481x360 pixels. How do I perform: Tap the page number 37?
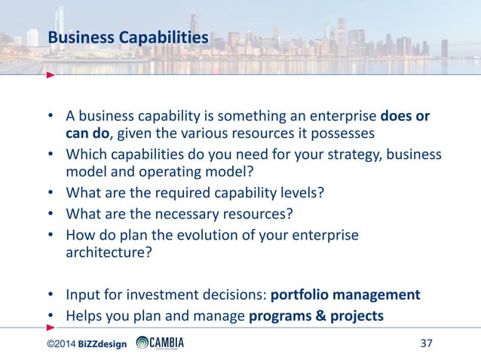click(x=426, y=344)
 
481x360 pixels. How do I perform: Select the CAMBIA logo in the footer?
click(x=160, y=344)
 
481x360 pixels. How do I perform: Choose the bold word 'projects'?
click(x=356, y=316)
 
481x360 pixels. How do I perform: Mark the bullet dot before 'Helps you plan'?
click(x=51, y=316)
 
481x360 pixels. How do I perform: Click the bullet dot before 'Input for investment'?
click(x=51, y=294)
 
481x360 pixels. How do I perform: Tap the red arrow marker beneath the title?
click(x=51, y=75)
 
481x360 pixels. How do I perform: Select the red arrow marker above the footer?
click(x=51, y=328)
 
